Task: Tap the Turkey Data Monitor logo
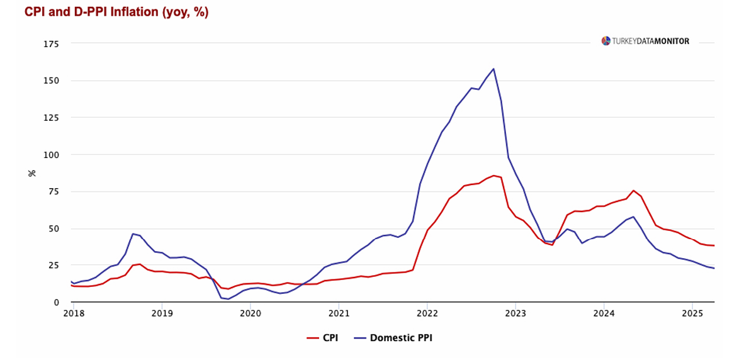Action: (x=645, y=41)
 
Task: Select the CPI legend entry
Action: (x=322, y=338)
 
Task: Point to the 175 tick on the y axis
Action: (x=52, y=44)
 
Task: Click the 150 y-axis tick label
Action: (x=52, y=81)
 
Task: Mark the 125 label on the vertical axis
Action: (x=52, y=118)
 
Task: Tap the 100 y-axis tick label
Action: (x=52, y=155)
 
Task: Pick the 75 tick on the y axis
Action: (x=53, y=191)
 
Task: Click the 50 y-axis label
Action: (x=53, y=228)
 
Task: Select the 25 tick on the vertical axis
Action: (x=53, y=266)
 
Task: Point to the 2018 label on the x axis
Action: (x=74, y=313)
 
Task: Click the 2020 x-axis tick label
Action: (x=251, y=313)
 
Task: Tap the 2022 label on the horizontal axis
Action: (x=427, y=313)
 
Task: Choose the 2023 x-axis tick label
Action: (x=515, y=313)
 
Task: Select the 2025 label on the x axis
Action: (x=692, y=313)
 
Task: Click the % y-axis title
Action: (x=32, y=172)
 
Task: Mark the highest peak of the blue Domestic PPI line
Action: (x=493, y=69)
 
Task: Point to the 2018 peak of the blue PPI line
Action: (x=133, y=233)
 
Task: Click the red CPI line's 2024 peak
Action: (x=633, y=191)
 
